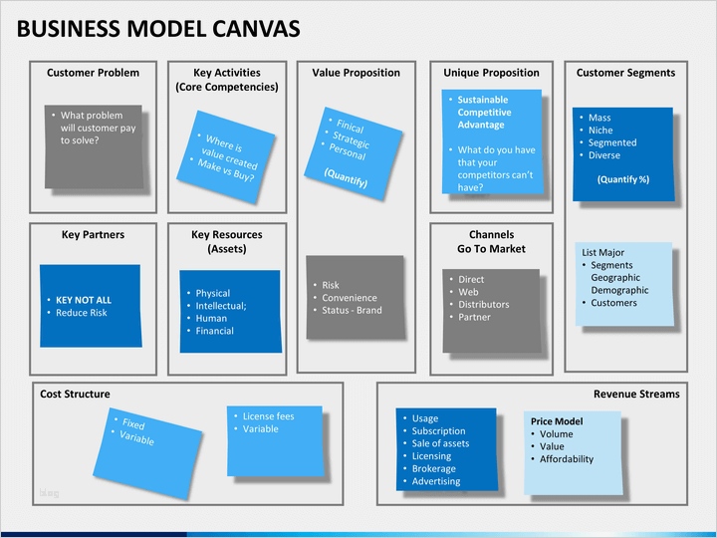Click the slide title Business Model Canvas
[x=158, y=28]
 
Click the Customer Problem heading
[x=93, y=73]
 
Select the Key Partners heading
[x=93, y=235]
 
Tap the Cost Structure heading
[x=75, y=394]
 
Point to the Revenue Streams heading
[x=636, y=394]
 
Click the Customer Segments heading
[x=625, y=73]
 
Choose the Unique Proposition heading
[x=491, y=73]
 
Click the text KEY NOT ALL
[x=84, y=300]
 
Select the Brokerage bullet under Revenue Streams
[x=433, y=468]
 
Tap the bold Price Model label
[x=557, y=421]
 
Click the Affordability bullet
[x=567, y=459]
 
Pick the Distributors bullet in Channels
[x=483, y=305]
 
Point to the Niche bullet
[x=600, y=131]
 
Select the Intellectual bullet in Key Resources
[x=220, y=306]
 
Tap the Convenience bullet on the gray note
[x=349, y=297]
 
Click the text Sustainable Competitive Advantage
[x=483, y=113]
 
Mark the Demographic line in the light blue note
[x=619, y=290]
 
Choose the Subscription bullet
[x=438, y=431]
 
